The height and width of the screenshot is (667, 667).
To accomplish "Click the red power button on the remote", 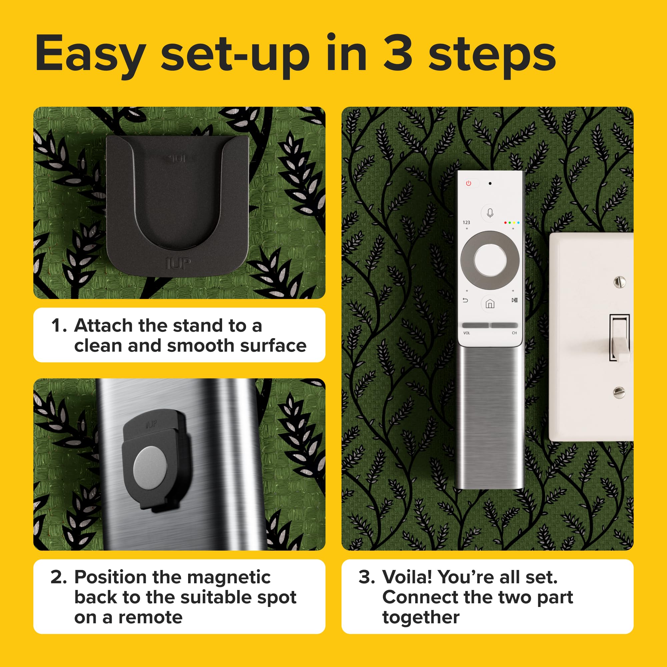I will coord(469,183).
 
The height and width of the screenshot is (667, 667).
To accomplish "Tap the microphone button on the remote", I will coord(490,213).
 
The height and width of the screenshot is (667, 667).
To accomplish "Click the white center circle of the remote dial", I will coord(490,260).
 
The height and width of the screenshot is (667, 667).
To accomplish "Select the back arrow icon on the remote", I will coord(465,300).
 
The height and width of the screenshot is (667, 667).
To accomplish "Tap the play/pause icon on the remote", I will coord(514,300).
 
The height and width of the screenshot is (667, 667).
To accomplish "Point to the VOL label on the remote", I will coord(467,333).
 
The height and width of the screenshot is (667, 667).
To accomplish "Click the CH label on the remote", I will coord(514,333).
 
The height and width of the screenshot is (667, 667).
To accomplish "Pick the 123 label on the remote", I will coord(467,223).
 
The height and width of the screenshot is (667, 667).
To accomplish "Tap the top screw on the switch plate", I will coord(619,282).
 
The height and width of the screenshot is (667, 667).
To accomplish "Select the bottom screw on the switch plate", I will coord(619,392).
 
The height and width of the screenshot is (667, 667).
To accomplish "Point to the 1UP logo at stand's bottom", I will coord(178,264).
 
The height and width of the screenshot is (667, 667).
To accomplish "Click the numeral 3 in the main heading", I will coord(398,53).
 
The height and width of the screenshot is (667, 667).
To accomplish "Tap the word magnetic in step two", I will coord(228,577).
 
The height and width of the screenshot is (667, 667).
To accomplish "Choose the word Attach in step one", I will coord(104,325).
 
